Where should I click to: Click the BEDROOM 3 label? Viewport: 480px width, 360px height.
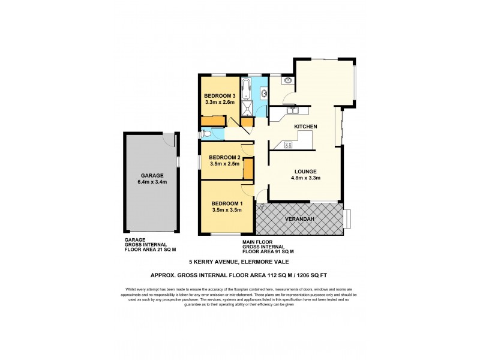[x=219, y=96]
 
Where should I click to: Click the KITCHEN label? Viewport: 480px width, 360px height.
[x=305, y=127]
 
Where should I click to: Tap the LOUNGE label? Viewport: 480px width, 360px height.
[x=305, y=171]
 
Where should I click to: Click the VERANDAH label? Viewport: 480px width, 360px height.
[x=298, y=218]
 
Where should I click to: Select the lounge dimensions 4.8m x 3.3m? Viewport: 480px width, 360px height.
[x=305, y=178]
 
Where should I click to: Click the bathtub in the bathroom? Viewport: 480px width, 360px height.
[x=247, y=89]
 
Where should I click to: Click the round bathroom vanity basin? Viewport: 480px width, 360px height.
[x=263, y=92]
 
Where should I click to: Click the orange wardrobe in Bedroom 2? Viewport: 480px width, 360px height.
[x=247, y=170]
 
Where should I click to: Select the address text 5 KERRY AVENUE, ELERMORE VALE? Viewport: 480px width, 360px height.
[x=239, y=262]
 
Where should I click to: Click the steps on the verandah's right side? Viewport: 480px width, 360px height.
[x=348, y=219]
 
